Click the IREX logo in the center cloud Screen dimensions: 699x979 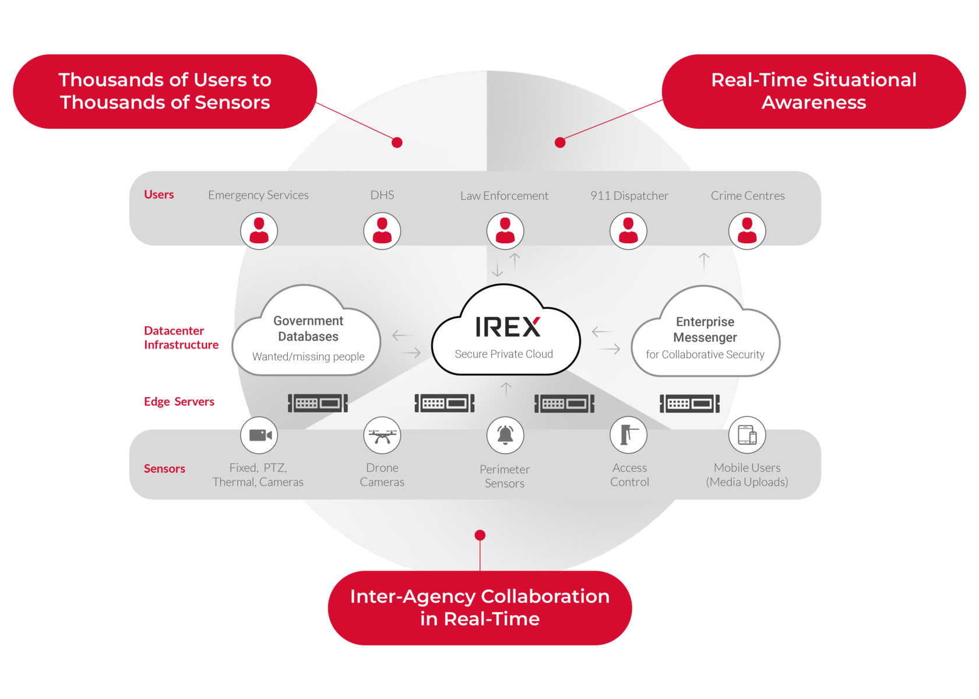[x=508, y=327]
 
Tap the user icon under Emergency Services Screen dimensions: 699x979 [x=259, y=231]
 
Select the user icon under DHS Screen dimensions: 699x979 [x=382, y=231]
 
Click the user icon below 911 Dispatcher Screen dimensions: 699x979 [x=628, y=231]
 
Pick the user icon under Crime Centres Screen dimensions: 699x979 [x=746, y=231]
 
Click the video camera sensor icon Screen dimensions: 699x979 [x=259, y=435]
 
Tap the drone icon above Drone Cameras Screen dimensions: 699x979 [x=382, y=435]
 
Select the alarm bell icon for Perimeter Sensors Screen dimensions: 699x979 [x=505, y=435]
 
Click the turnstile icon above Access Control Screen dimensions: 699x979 [x=628, y=435]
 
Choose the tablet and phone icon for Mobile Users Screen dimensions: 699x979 [x=746, y=435]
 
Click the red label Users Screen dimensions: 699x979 [x=159, y=195]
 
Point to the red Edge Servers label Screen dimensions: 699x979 [x=179, y=402]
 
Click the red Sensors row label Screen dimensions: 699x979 [x=164, y=469]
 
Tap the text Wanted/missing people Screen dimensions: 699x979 [x=308, y=357]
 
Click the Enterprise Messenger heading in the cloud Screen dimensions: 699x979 [x=705, y=329]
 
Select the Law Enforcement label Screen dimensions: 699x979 [x=504, y=196]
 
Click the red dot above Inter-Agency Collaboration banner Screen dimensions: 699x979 [x=480, y=535]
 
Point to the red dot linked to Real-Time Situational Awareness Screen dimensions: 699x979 [x=560, y=142]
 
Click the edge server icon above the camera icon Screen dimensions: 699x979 [x=318, y=403]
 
